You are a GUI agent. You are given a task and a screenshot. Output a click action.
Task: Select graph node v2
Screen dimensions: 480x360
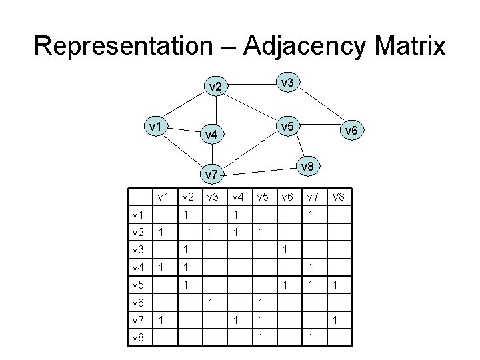215,87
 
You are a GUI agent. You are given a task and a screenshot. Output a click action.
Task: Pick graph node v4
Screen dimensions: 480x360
211,135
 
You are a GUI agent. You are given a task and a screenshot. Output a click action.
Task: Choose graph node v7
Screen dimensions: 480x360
211,175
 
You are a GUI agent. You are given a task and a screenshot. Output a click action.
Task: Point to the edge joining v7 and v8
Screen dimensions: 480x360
260,170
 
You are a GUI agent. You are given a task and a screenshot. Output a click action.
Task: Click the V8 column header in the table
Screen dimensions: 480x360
340,197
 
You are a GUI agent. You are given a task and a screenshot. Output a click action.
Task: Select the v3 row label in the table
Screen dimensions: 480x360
138,249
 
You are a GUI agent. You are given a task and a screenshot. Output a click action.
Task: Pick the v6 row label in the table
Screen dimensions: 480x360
138,303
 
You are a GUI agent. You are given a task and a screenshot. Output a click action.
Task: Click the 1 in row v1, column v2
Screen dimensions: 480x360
188,215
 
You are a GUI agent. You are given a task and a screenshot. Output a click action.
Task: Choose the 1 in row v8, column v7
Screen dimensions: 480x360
310,338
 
